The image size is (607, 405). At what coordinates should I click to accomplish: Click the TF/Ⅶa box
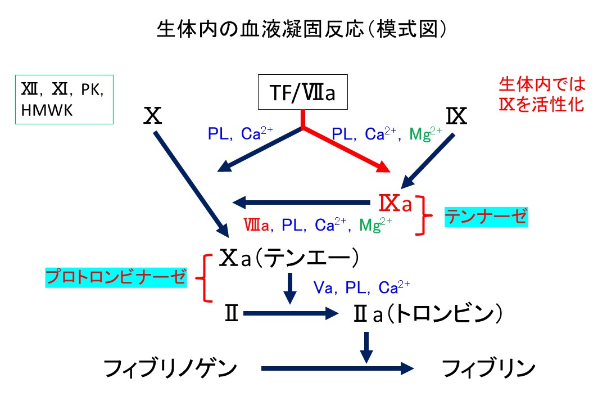(x=303, y=92)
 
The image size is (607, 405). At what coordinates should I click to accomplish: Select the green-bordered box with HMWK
(x=64, y=100)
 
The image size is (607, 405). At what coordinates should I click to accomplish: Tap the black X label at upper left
(x=153, y=116)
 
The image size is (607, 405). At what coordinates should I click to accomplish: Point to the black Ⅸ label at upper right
(x=457, y=116)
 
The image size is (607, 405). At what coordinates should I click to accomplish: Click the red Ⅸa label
(x=396, y=204)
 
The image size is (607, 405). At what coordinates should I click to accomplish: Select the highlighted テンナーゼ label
(x=486, y=216)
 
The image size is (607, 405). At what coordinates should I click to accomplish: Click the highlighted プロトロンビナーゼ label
(x=116, y=277)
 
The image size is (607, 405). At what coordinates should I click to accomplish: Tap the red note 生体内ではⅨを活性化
(x=542, y=94)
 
